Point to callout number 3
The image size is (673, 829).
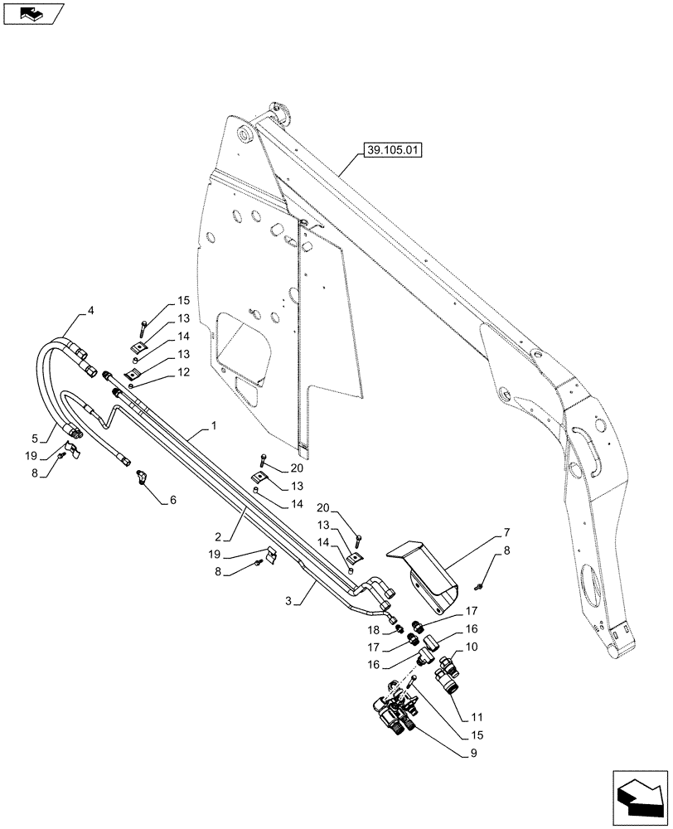pyautogui.click(x=90, y=311)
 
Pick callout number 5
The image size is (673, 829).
pyautogui.click(x=172, y=500)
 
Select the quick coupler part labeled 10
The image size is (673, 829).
pyautogui.click(x=448, y=667)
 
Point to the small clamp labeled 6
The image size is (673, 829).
pyautogui.click(x=142, y=478)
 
